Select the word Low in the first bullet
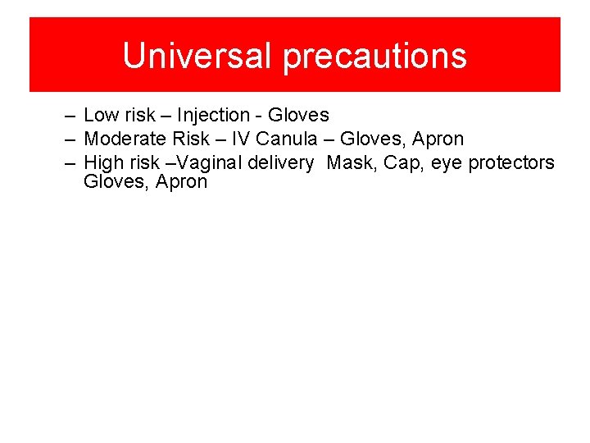click(x=101, y=116)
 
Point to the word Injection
click(x=214, y=116)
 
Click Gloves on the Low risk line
click(x=299, y=116)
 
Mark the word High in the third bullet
click(x=102, y=163)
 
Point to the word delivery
click(x=280, y=163)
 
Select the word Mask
click(x=351, y=163)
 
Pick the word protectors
click(x=511, y=163)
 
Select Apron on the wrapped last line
click(x=179, y=182)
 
